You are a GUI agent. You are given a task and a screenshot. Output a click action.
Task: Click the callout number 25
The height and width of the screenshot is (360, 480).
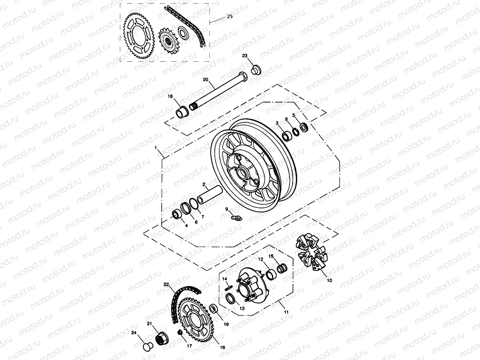coord(230,17)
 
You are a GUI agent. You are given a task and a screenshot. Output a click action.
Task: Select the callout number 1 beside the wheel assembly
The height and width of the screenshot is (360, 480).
coord(156,148)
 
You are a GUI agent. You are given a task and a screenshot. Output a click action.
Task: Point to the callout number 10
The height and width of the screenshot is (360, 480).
coord(329,280)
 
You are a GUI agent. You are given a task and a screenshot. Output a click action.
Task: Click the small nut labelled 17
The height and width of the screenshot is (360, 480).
coord(181,333)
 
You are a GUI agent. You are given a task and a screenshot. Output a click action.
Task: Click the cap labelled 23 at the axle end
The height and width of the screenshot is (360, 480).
coord(256,70)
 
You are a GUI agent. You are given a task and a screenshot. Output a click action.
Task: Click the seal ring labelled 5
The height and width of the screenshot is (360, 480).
coord(304,128)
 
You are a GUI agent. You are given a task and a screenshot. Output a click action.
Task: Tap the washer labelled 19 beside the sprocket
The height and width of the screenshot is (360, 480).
coord(214,309)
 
